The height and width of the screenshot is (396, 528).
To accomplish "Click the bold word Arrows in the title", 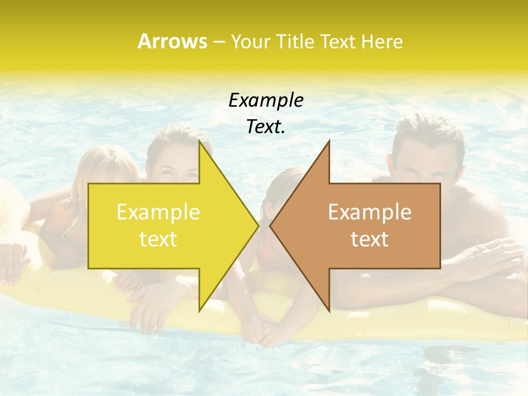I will click(x=172, y=41).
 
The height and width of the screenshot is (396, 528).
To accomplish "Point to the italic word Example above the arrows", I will click(x=266, y=100).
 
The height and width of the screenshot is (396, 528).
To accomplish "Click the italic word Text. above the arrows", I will click(x=266, y=127).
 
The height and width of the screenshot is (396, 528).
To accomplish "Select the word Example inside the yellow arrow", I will click(x=158, y=212).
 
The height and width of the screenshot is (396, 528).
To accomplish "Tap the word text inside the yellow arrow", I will click(x=158, y=239).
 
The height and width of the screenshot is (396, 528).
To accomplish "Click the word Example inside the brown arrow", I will click(x=370, y=212).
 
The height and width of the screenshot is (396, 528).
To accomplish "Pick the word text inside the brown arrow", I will click(x=370, y=239).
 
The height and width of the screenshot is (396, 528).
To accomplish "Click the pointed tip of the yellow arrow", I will click(x=258, y=226).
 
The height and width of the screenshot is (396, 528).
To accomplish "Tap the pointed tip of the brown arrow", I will click(x=270, y=226).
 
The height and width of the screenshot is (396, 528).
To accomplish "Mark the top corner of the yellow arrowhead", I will click(x=200, y=141).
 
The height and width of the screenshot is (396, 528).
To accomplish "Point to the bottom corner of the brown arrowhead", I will click(x=329, y=311).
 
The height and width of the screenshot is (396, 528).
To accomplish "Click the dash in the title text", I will click(x=218, y=42).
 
